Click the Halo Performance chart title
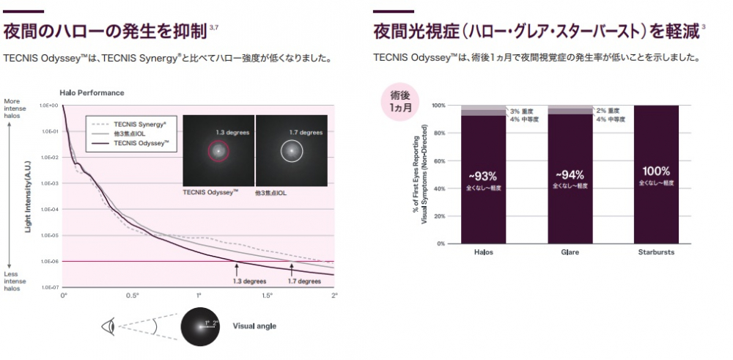coord(92,93)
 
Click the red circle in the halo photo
coord(218,151)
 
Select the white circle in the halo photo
coord(291,151)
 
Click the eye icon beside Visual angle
coord(112,326)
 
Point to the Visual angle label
coord(254,326)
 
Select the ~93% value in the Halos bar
coord(483,175)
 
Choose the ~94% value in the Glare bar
coord(570,175)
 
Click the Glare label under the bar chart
coord(570,252)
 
